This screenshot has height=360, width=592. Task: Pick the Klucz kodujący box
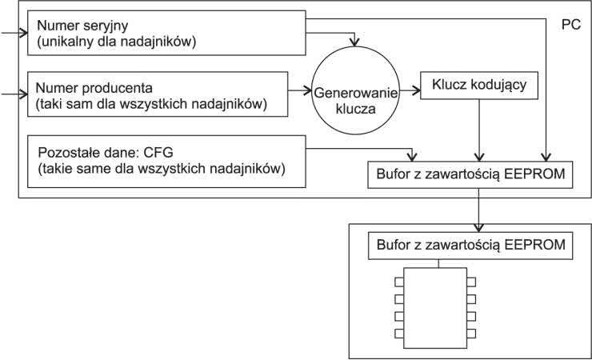(x=478, y=84)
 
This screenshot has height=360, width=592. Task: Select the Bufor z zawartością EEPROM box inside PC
(x=470, y=174)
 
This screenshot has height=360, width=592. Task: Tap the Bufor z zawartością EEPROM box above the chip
(x=470, y=245)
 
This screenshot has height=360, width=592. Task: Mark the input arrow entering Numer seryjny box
(x=14, y=33)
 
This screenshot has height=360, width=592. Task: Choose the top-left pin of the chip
(x=398, y=281)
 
